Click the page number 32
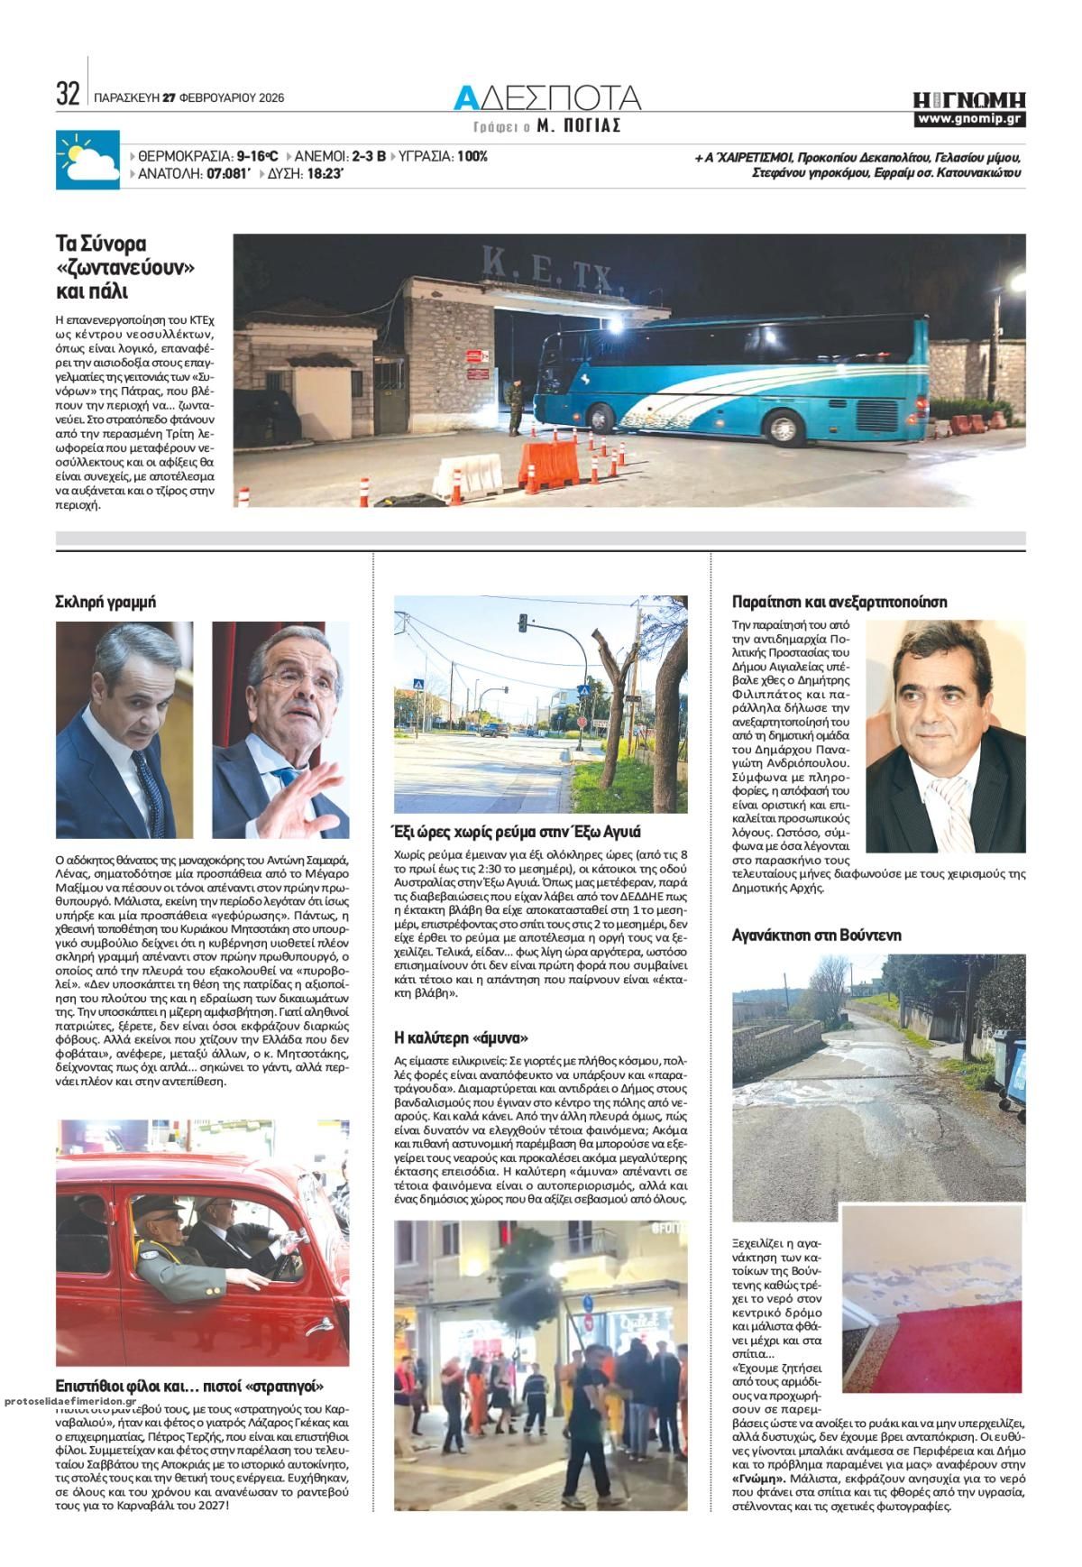click(x=68, y=94)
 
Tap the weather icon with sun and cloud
click(x=87, y=161)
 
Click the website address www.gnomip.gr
click(x=968, y=119)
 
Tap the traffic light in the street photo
click(x=522, y=623)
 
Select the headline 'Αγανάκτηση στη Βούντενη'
click(x=816, y=935)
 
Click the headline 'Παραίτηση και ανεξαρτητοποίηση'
click(x=839, y=602)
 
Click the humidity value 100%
click(x=472, y=156)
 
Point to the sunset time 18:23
click(x=326, y=173)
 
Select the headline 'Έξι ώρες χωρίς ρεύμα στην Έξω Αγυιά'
click(x=517, y=832)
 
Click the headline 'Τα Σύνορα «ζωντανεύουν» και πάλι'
click(x=126, y=267)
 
